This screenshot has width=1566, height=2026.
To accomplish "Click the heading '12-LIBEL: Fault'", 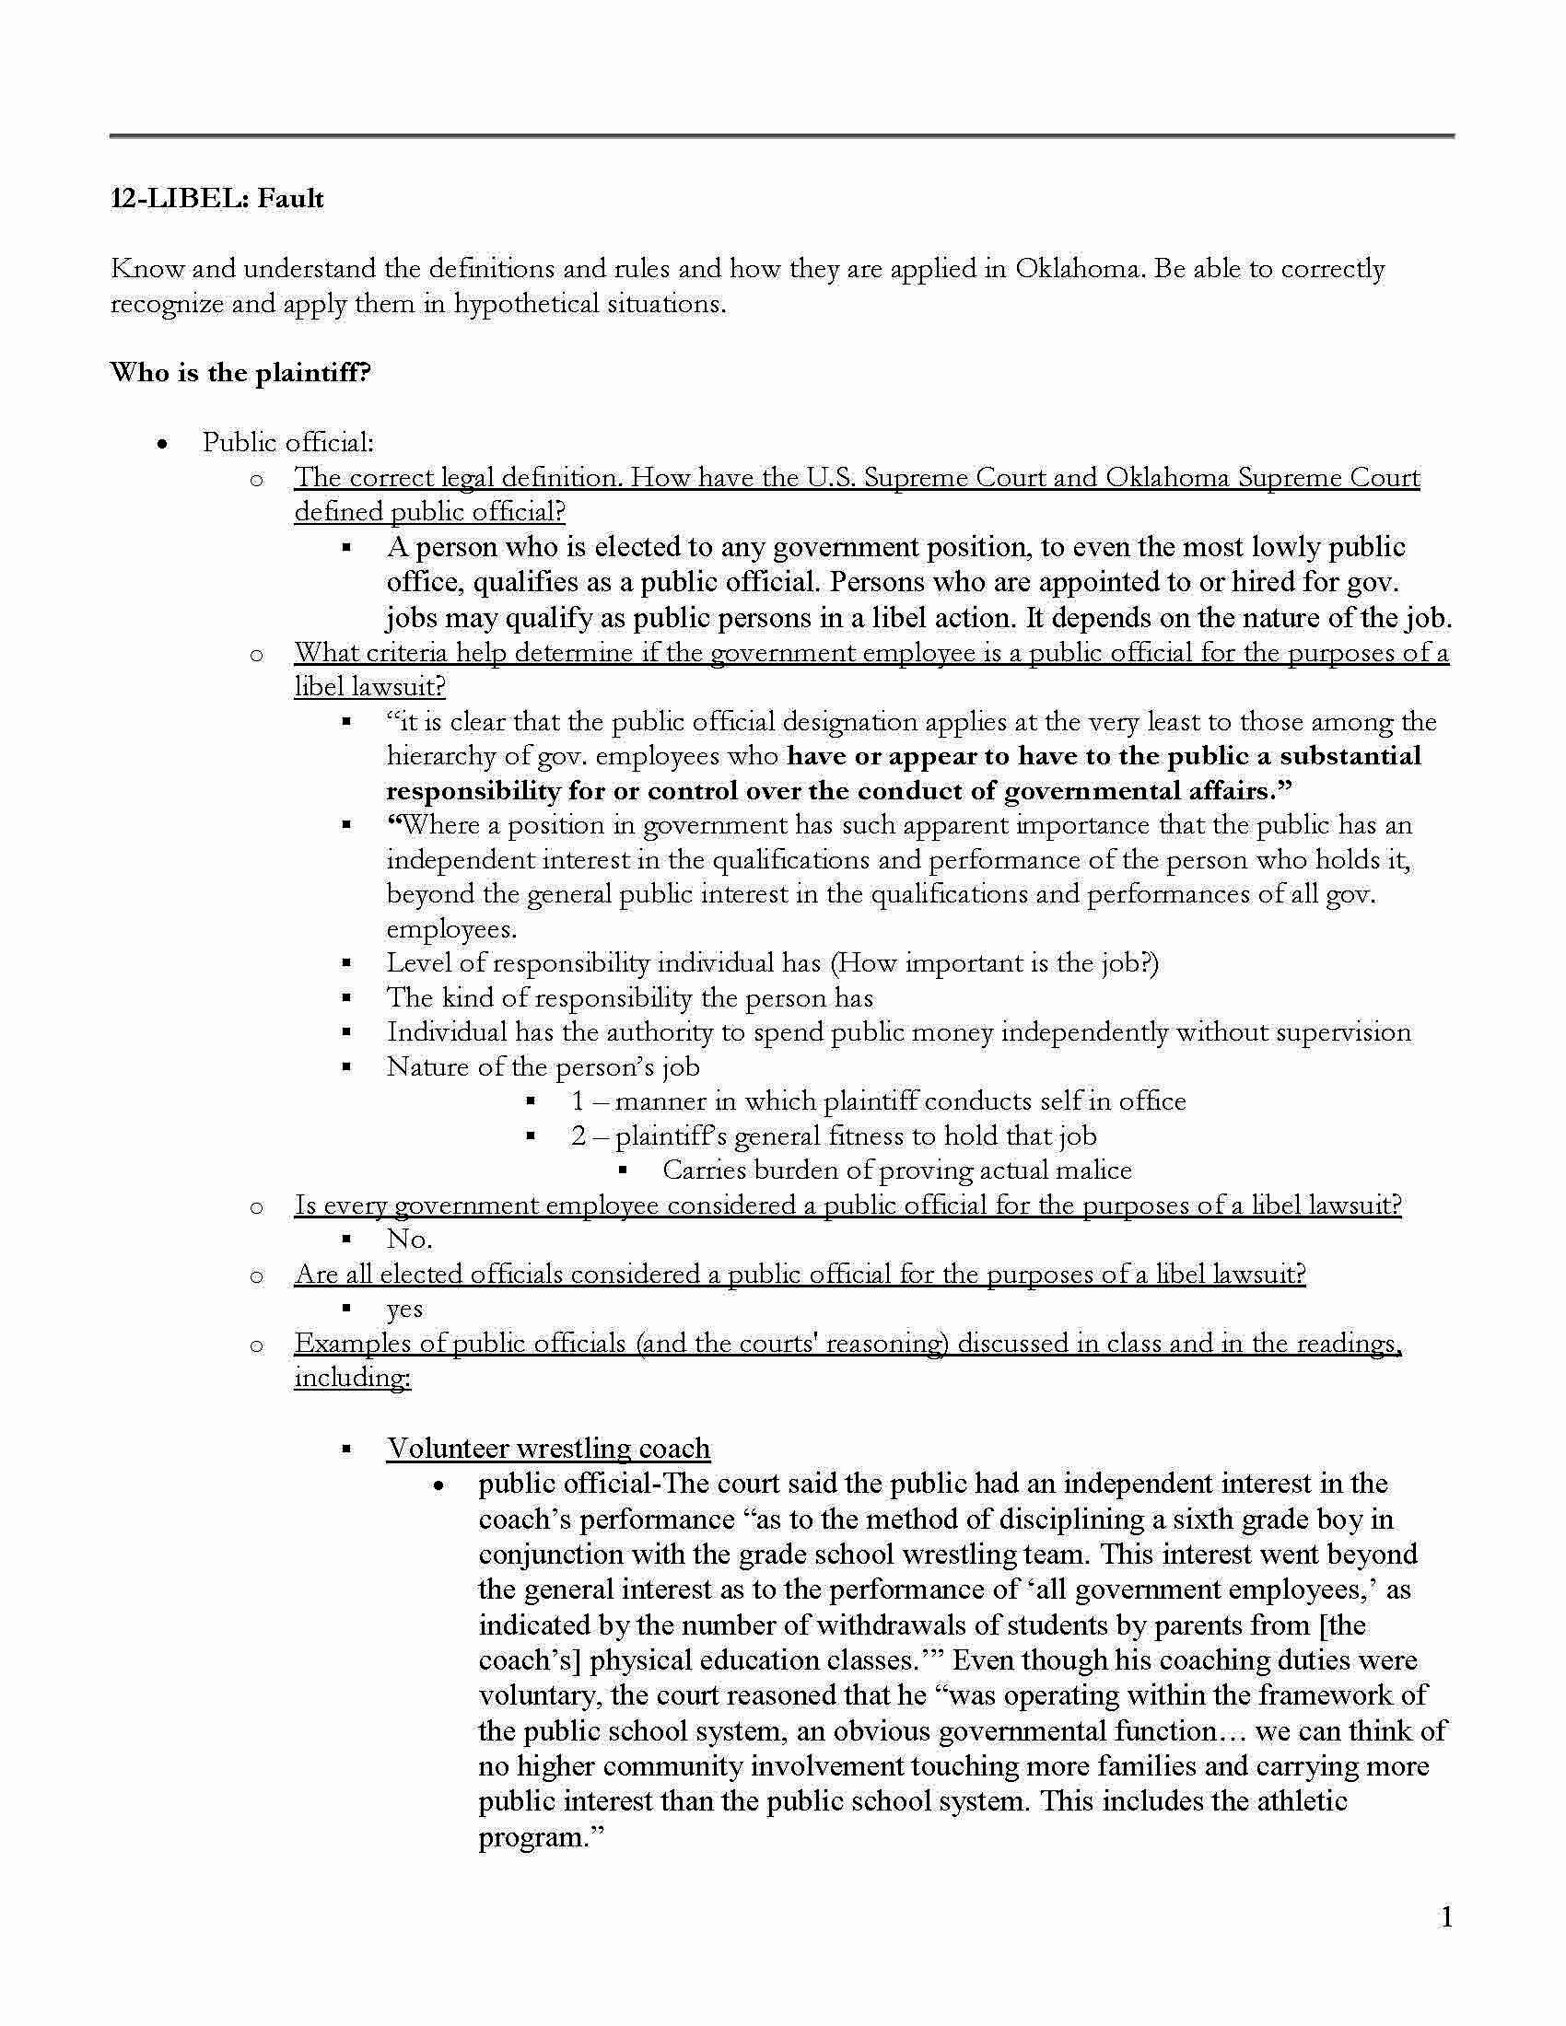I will tap(217, 199).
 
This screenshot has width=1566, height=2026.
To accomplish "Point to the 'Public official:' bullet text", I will tap(288, 442).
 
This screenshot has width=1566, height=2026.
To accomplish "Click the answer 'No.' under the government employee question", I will tap(409, 1240).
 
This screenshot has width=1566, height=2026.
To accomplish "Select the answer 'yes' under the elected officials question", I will tap(404, 1309).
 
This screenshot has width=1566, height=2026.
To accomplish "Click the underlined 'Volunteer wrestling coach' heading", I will tap(548, 1448).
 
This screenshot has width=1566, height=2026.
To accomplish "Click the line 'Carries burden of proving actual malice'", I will tap(896, 1170).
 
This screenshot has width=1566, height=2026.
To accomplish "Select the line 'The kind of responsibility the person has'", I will tap(630, 998).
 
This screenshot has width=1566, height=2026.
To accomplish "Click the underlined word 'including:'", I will tap(353, 1378).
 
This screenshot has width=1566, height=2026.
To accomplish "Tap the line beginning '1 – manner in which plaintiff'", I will tap(878, 1101).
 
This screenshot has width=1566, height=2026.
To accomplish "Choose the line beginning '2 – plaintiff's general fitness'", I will tap(833, 1136).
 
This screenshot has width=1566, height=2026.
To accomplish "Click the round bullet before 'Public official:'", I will tap(163, 444).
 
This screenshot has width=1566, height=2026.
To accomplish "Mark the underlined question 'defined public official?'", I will tap(429, 512).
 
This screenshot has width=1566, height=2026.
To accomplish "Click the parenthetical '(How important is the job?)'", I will tap(995, 963).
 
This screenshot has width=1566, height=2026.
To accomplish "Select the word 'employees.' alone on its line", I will tap(451, 928).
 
